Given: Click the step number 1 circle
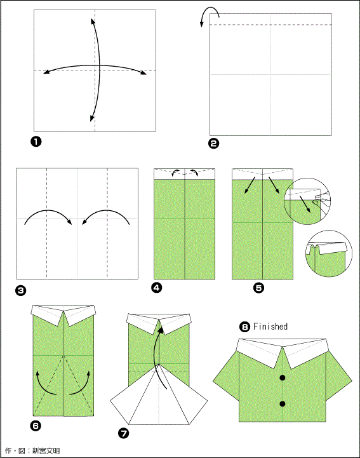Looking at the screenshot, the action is [x=36, y=142].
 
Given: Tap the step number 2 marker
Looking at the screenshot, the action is [x=214, y=144].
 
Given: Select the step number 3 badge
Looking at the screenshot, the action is [x=21, y=290].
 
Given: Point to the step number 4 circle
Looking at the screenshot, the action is [x=157, y=288].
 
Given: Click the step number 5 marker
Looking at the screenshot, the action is [x=258, y=288].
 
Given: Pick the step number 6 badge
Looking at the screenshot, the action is [x=36, y=426].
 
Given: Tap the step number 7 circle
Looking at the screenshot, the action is [x=124, y=433].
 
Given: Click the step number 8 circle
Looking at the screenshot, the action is [x=244, y=327].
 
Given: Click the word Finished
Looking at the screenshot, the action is [x=270, y=327].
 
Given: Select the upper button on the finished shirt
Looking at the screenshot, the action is [x=283, y=378].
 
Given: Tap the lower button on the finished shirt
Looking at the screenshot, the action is [x=283, y=403].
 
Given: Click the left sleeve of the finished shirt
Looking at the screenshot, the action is [x=226, y=377].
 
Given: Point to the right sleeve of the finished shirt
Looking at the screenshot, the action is [x=338, y=377].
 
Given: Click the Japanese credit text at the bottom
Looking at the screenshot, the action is [x=32, y=450].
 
